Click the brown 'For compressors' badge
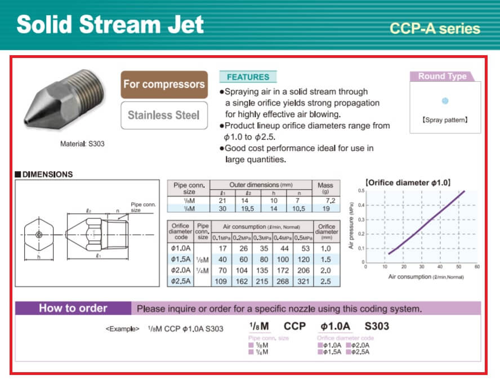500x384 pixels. coord(164,84)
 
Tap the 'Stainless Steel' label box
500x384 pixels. coord(164,115)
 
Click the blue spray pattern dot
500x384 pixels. coord(445,101)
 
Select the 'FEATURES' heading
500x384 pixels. coord(248,77)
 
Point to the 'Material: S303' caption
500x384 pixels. coord(82,144)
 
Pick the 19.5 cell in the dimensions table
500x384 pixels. coord(247,208)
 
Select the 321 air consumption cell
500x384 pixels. coord(303,282)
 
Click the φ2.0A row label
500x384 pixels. coord(181,270)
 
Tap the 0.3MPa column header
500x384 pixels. coord(262,238)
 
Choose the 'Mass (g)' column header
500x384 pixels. coord(325,187)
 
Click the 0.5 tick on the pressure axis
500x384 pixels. coord(361,191)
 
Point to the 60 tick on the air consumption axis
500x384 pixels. coord(477,267)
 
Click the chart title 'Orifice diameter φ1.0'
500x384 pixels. coord(408,183)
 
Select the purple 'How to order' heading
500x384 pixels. coord(73,308)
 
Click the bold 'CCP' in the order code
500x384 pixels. coord(294,326)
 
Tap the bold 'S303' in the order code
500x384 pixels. coord(377,326)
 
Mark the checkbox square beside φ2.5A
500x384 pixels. coord(349,352)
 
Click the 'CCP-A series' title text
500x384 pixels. coord(435,28)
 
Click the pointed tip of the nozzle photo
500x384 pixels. coord(25,122)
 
